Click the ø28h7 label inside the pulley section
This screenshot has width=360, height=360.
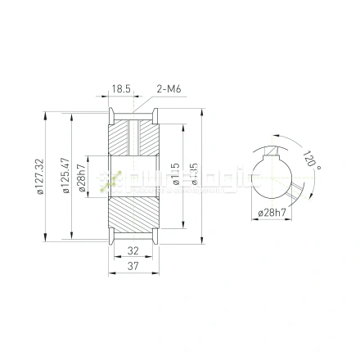pyautogui.click(x=83, y=178)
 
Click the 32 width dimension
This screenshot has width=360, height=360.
pyautogui.click(x=133, y=252)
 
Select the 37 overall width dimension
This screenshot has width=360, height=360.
pyautogui.click(x=133, y=266)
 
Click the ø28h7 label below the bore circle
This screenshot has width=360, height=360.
pyautogui.click(x=271, y=213)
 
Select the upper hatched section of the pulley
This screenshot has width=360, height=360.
pyautogui.click(x=133, y=138)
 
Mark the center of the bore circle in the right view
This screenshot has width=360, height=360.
pyautogui.click(x=272, y=178)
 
